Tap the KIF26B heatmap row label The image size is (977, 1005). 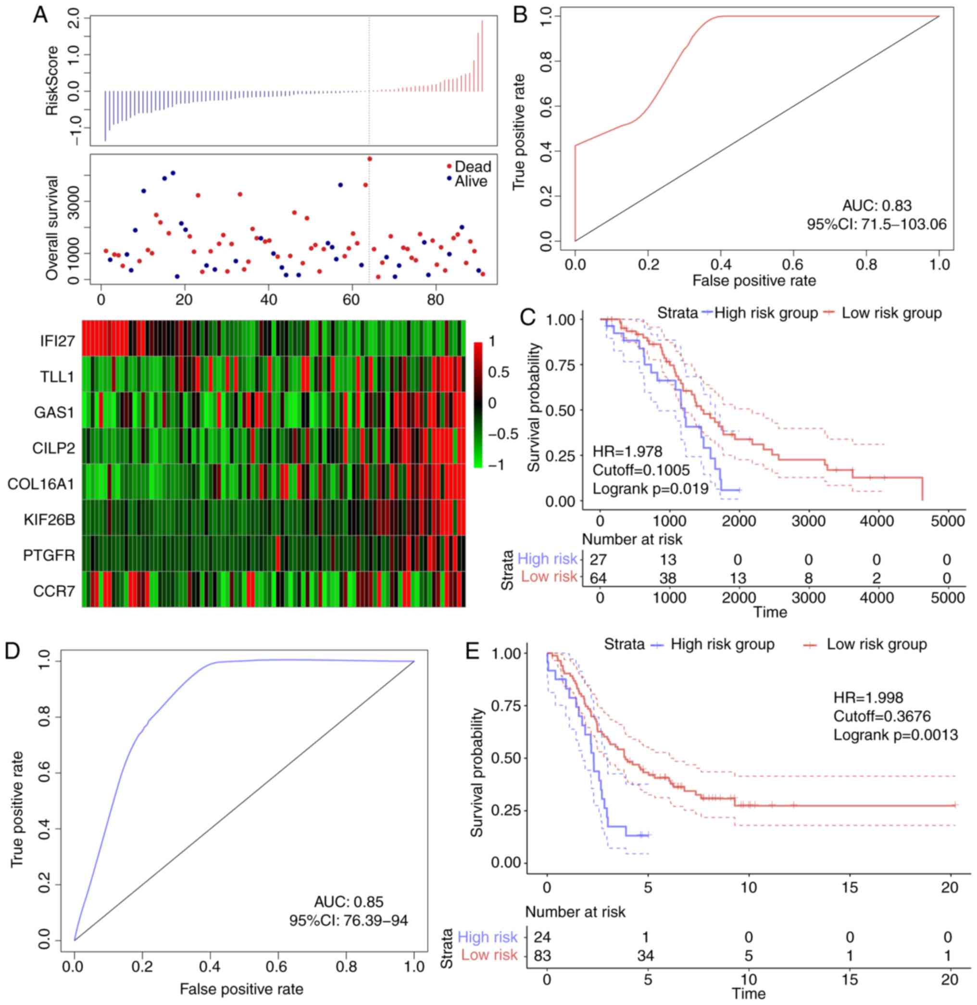pos(49,520)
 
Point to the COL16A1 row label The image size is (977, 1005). pos(41,484)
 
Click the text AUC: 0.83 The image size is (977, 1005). pos(877,206)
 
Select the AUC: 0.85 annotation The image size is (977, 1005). pos(349,901)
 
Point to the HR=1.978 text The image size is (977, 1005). pos(628,451)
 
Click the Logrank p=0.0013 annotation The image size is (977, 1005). pos(895,734)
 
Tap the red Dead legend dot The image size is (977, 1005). pos(450,166)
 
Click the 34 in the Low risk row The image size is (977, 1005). pos(648,942)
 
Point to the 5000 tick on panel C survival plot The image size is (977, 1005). pos(947,520)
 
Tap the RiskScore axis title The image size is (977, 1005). pos(52,79)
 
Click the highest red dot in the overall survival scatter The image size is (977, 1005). pos(369,159)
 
